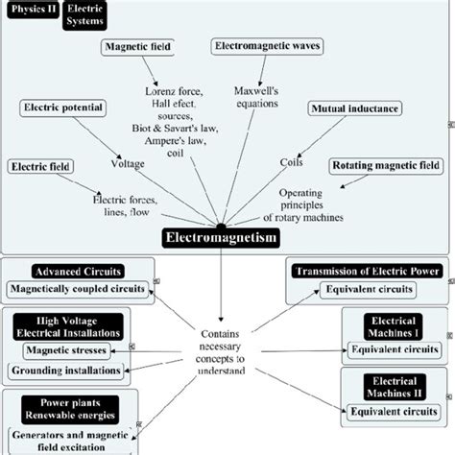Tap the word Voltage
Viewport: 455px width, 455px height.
click(x=128, y=163)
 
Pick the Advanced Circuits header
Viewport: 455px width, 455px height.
click(x=72, y=272)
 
